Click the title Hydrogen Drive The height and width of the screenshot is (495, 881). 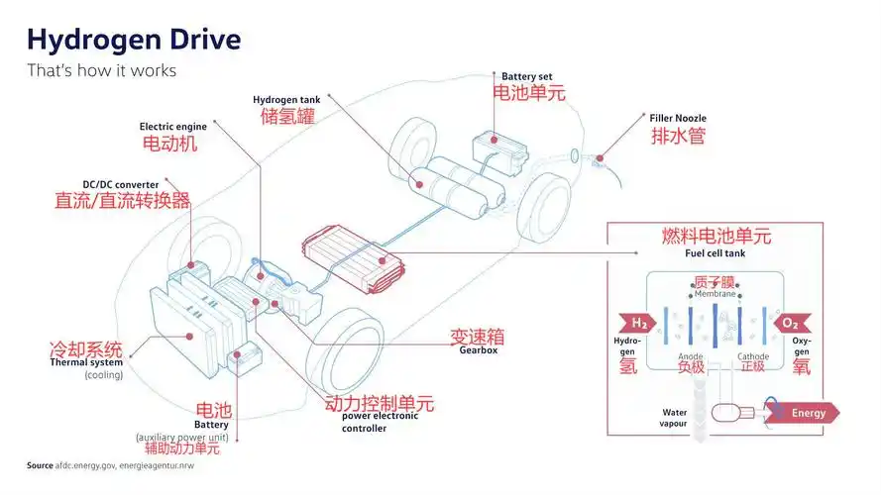tap(133, 40)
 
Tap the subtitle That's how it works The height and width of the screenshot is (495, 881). tap(101, 70)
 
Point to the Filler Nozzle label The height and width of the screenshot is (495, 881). tap(678, 119)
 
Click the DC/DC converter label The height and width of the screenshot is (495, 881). tap(120, 184)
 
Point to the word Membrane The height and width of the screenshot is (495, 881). tap(714, 294)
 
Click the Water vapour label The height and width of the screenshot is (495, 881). tap(675, 418)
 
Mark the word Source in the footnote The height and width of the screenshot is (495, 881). tap(40, 465)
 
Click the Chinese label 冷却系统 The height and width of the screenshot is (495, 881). tap(86, 348)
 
